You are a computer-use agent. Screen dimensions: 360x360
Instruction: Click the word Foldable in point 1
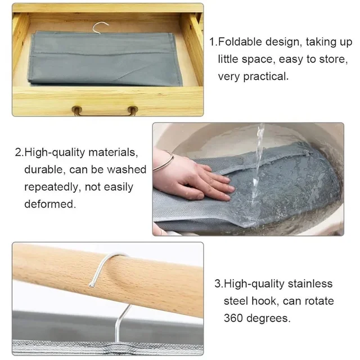pos(240,42)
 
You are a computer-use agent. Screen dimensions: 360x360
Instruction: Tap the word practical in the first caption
pos(265,76)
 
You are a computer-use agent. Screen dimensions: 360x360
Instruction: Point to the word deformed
pos(50,204)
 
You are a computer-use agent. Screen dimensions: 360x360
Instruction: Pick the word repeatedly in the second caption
pos(52,187)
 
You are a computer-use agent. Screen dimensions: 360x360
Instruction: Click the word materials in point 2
pos(113,152)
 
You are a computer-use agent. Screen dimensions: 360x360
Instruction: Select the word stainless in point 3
pos(310,283)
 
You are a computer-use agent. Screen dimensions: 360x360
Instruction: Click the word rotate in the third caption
pos(319,301)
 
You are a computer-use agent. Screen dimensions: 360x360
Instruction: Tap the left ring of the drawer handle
pos(77,110)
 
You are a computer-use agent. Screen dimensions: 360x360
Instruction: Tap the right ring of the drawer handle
pos(133,110)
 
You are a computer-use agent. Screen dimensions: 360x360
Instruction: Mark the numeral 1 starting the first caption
pos(213,42)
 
